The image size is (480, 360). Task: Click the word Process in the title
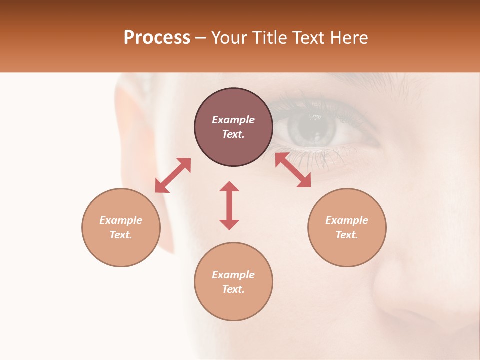(157, 38)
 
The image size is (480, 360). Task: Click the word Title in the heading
(270, 38)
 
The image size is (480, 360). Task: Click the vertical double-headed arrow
(229, 205)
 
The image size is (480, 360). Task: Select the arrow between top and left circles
(173, 175)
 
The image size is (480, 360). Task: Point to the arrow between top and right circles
(293, 170)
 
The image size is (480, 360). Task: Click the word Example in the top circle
(233, 120)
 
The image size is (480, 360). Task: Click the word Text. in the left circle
(121, 235)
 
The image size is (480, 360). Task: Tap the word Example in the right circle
(347, 220)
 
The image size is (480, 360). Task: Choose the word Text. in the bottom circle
(233, 289)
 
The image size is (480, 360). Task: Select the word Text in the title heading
(308, 38)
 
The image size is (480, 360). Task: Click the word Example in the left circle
(121, 220)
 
